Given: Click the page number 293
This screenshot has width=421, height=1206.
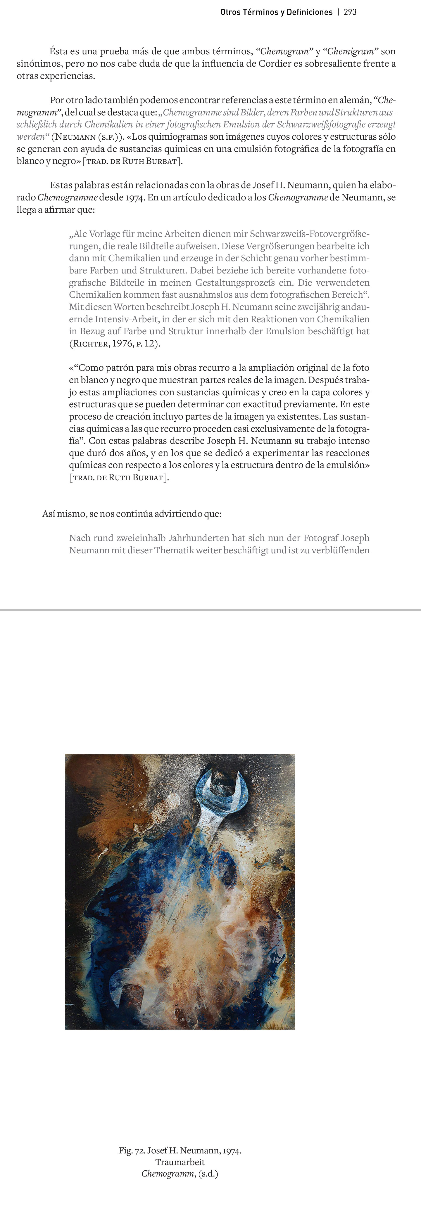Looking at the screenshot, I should (x=350, y=12).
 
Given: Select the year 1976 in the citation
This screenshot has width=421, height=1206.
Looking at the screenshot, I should (x=123, y=344).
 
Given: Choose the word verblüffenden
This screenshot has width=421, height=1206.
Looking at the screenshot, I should (x=340, y=550).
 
